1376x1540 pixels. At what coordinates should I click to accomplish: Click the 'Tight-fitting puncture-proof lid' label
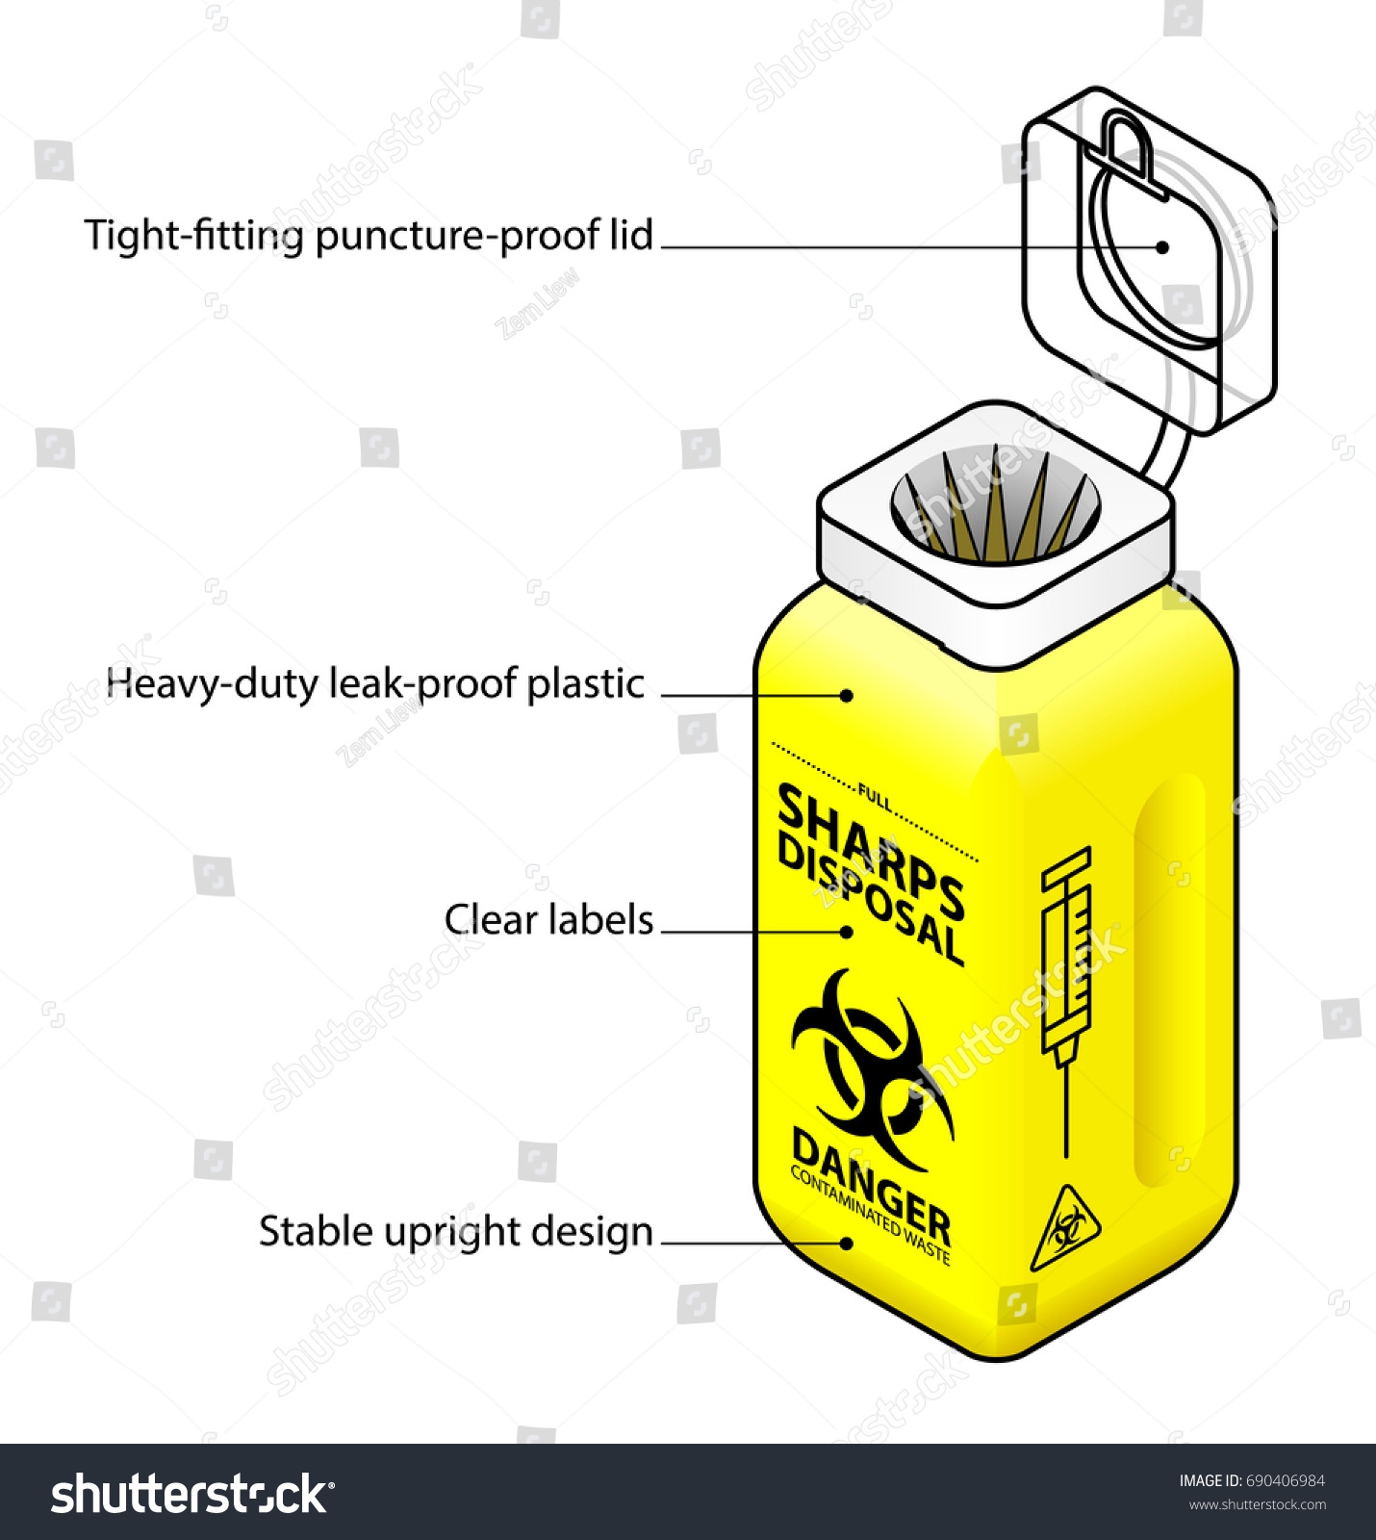point(369,236)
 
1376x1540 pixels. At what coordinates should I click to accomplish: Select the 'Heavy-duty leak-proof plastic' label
point(375,683)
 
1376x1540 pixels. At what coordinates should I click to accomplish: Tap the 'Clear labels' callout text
point(548,920)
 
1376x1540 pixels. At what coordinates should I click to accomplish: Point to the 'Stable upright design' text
point(455,1232)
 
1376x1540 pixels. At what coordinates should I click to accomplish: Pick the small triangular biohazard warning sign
point(1065,1230)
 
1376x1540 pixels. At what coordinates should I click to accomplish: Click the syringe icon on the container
point(1066,991)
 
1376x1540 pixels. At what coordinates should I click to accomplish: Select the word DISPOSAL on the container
point(869,900)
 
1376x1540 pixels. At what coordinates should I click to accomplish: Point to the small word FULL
point(875,799)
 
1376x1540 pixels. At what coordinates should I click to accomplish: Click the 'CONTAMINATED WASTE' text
point(869,1217)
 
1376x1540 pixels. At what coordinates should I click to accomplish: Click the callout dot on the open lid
point(1162,247)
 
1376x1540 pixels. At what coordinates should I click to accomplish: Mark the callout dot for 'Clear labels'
point(847,932)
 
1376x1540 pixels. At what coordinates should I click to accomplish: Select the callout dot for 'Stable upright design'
point(847,1243)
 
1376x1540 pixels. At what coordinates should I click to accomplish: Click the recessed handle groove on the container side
point(1169,982)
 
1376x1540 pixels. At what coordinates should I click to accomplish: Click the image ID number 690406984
point(1285,1481)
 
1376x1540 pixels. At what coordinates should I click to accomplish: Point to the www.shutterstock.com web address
point(1258,1505)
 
